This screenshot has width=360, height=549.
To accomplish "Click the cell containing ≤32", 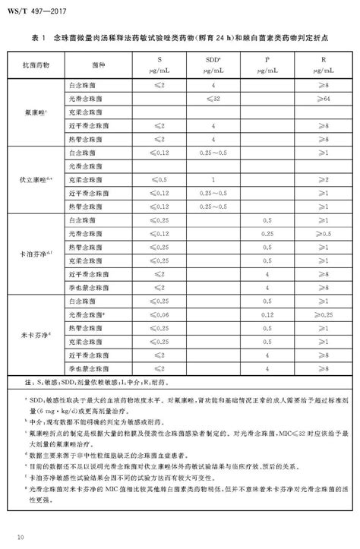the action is click(x=216, y=99).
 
